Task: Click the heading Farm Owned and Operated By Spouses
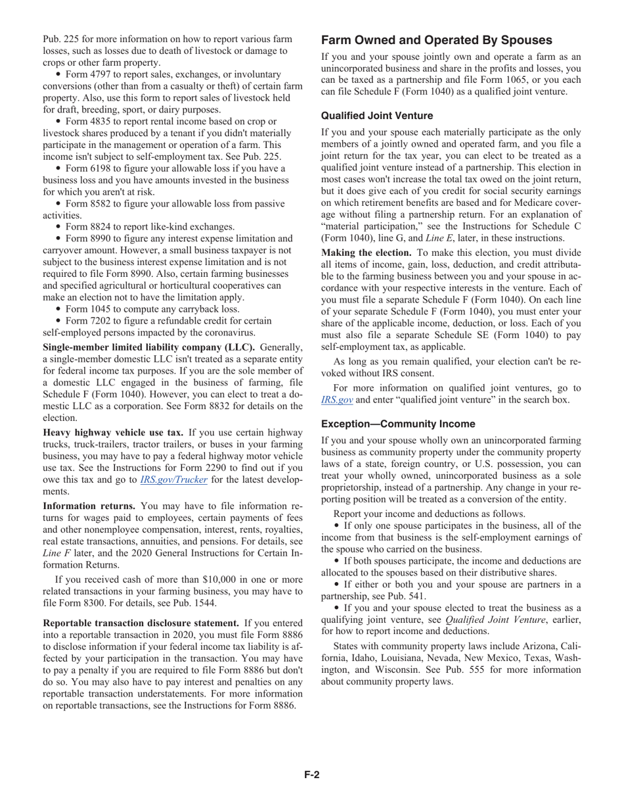pyautogui.click(x=437, y=39)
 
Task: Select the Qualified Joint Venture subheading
pyautogui.click(x=377, y=116)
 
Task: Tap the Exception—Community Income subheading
pyautogui.click(x=398, y=424)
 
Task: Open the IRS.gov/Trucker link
pyautogui.click(x=174, y=479)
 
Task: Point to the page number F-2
pyautogui.click(x=311, y=775)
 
